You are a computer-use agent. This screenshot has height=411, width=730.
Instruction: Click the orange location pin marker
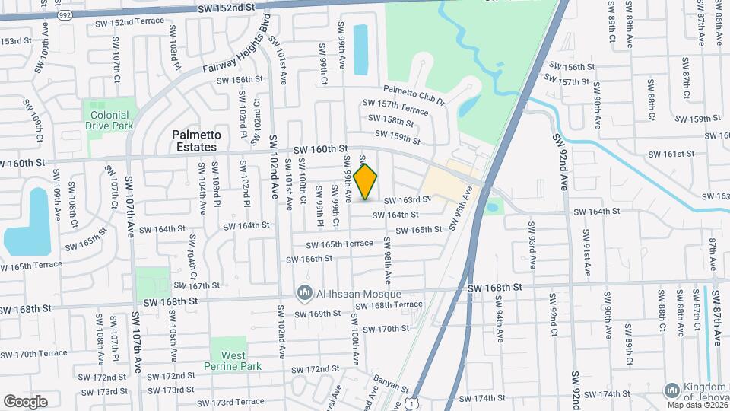(366, 182)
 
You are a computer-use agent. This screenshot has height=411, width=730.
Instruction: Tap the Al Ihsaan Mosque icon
(305, 293)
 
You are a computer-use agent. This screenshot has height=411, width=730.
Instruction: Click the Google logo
(25, 401)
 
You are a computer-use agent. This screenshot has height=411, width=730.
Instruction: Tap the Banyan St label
(392, 387)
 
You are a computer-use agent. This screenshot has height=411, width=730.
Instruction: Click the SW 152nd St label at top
(225, 7)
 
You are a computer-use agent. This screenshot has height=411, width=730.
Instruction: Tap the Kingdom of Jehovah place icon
(671, 390)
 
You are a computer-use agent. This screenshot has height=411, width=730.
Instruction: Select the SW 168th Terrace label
(391, 304)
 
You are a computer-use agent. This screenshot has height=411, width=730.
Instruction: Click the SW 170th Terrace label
(34, 354)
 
